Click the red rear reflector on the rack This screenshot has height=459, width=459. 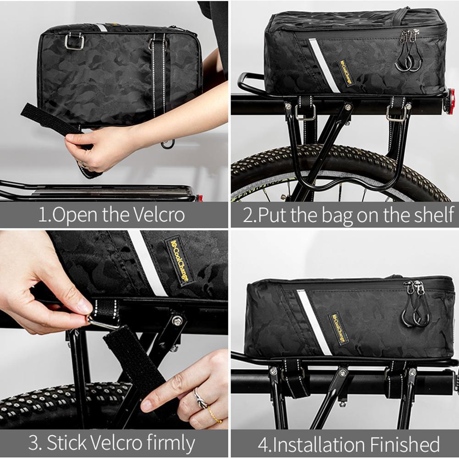pyautogui.click(x=451, y=102)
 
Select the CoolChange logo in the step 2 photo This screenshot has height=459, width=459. pyautogui.click(x=347, y=72)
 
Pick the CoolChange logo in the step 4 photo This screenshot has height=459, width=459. pyautogui.click(x=339, y=328)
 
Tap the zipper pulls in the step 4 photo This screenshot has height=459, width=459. pyautogui.click(x=415, y=305)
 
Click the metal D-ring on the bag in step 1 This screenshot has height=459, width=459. pyautogui.click(x=74, y=42)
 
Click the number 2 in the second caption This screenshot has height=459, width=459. pyautogui.click(x=248, y=216)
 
